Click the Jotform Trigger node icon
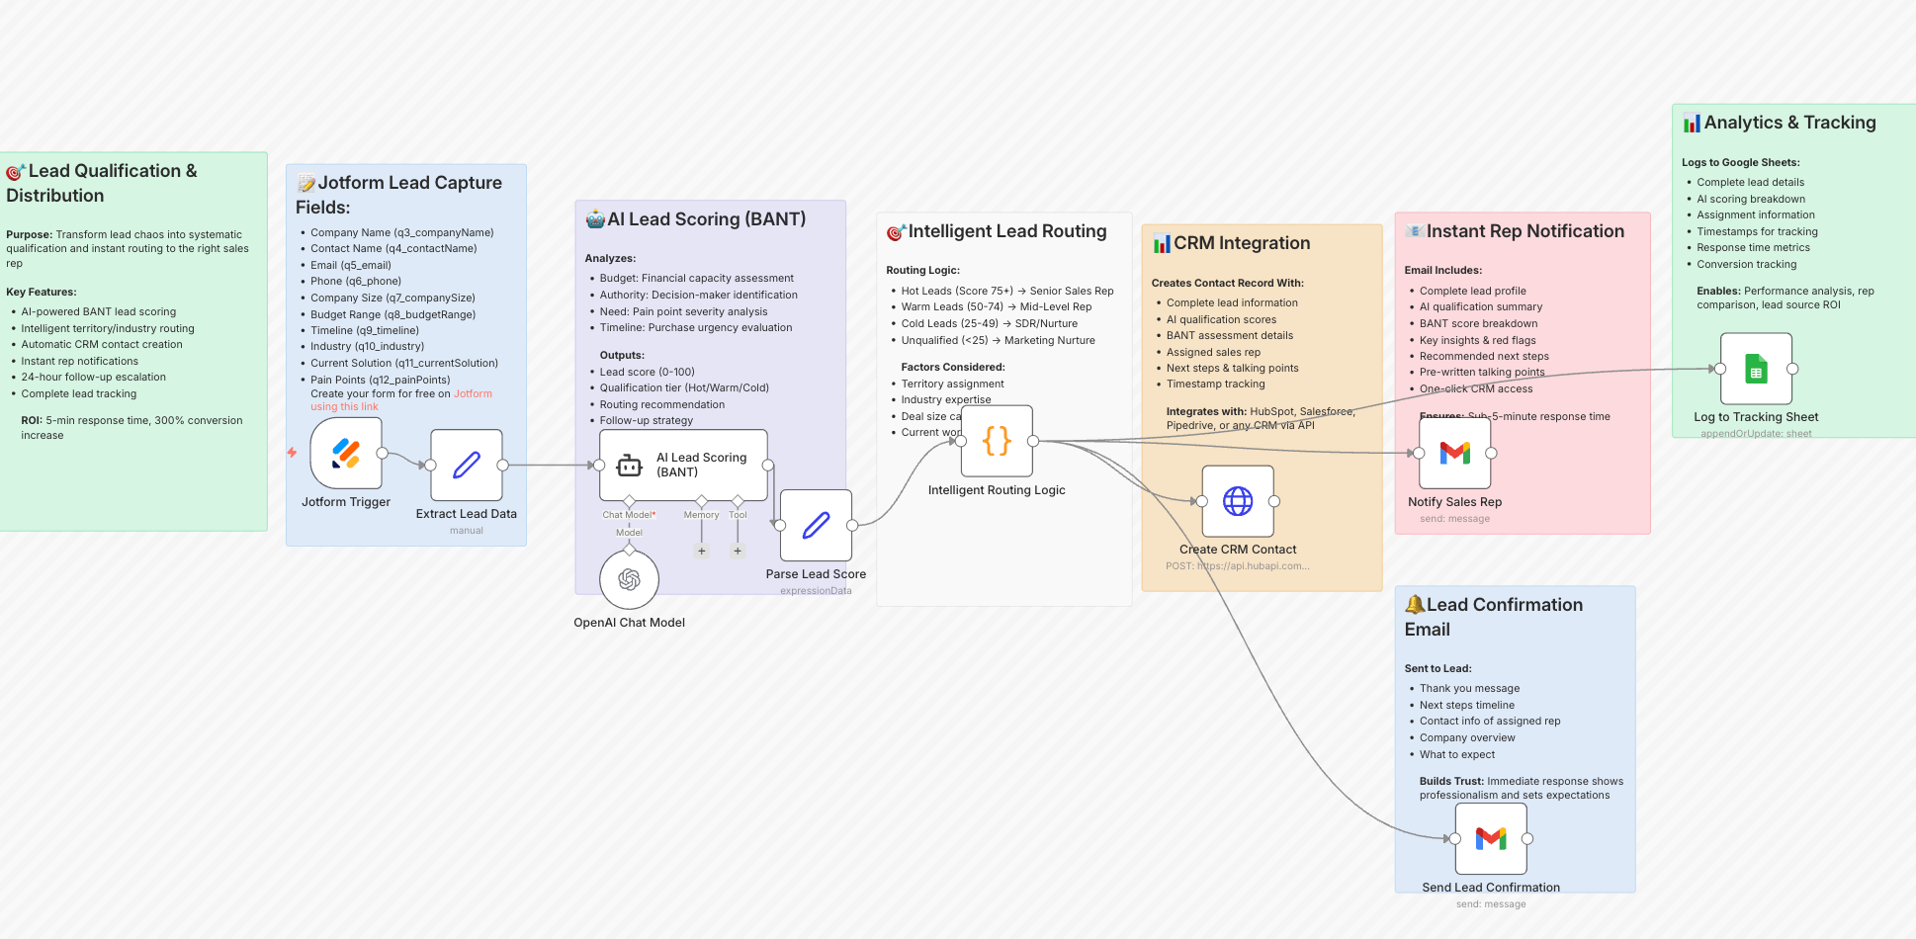pyautogui.click(x=346, y=453)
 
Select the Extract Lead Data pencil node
pyautogui.click(x=467, y=465)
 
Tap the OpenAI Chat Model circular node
pyautogui.click(x=629, y=579)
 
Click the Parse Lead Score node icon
pyautogui.click(x=816, y=525)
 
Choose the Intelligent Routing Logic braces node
pyautogui.click(x=997, y=441)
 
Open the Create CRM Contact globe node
pyautogui.click(x=1238, y=501)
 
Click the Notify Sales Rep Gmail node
pyautogui.click(x=1454, y=453)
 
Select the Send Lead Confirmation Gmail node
pyautogui.click(x=1491, y=838)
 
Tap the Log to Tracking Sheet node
pyautogui.click(x=1756, y=369)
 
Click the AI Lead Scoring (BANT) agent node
pyautogui.click(x=683, y=465)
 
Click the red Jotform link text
pyautogui.click(x=473, y=393)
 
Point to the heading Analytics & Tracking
pyautogui.click(x=1789, y=123)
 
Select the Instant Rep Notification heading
pyautogui.click(x=1524, y=231)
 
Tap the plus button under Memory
pyautogui.click(x=702, y=551)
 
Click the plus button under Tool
pyautogui.click(x=738, y=551)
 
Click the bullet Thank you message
pyautogui.click(x=1469, y=688)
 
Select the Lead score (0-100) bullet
pyautogui.click(x=647, y=372)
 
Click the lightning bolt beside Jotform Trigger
pyautogui.click(x=292, y=453)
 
